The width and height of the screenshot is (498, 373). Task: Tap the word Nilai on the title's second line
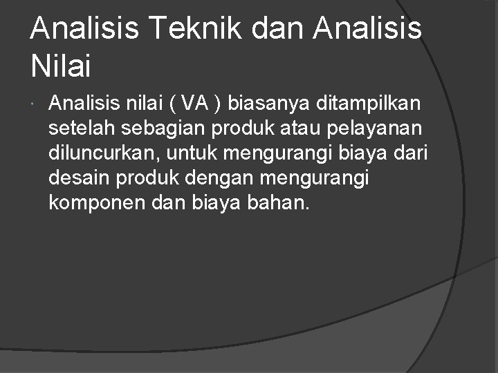tap(61, 66)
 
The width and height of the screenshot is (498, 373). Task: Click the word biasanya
tap(269, 106)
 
